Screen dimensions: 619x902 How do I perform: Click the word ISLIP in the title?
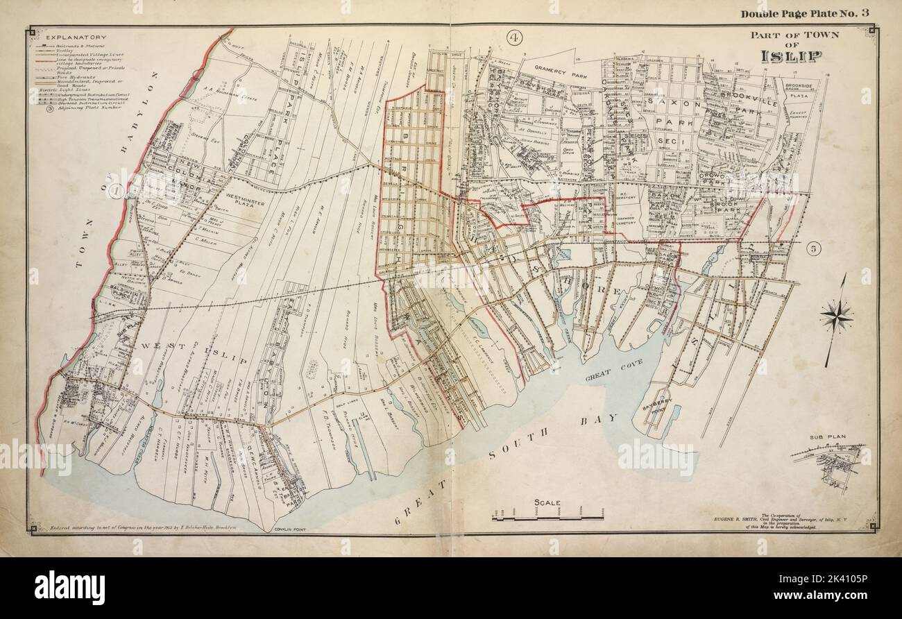point(791,56)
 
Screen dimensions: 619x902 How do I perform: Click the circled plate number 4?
point(514,37)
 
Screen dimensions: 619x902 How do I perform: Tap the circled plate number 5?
point(815,248)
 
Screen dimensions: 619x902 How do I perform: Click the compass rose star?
point(835,316)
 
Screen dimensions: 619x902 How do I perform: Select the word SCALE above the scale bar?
point(547,502)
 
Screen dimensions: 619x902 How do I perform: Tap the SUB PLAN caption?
point(825,438)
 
